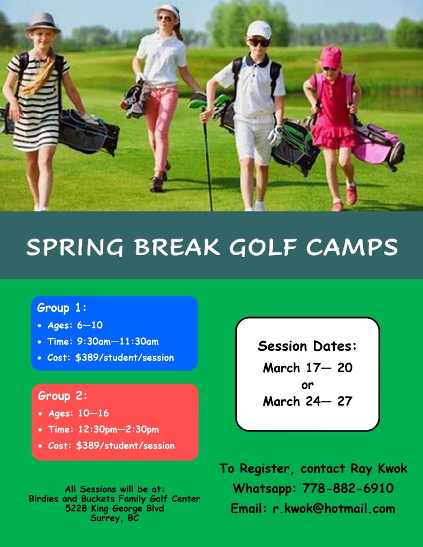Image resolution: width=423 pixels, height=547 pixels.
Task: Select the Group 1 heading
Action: [61, 308]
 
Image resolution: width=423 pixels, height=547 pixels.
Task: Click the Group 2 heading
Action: [62, 396]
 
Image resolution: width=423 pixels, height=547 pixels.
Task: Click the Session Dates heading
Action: [307, 346]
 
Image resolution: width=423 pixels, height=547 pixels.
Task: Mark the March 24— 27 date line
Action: [307, 402]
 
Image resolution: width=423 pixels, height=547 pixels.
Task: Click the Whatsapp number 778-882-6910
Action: [348, 488]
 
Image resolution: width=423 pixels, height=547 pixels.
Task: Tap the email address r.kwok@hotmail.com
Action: [334, 509]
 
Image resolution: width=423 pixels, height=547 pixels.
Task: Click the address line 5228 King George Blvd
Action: [114, 508]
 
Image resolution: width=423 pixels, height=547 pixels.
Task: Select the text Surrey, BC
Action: [114, 518]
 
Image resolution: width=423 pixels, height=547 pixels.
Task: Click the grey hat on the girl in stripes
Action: [43, 22]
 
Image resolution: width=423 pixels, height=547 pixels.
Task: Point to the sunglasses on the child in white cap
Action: [259, 42]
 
